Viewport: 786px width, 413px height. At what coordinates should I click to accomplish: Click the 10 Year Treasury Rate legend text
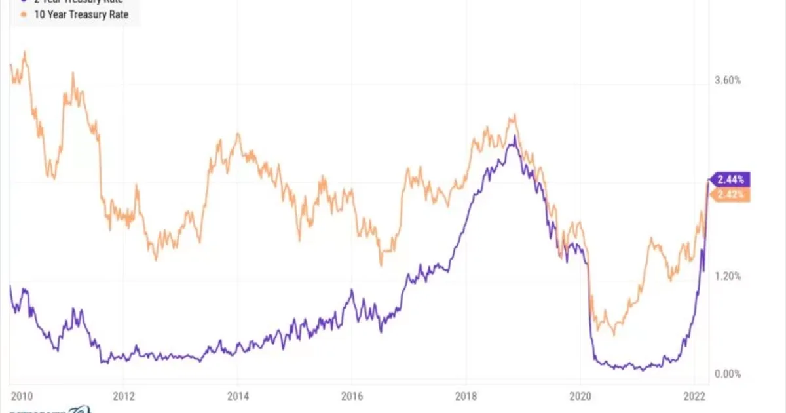72,14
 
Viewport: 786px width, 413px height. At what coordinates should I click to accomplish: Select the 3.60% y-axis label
728,81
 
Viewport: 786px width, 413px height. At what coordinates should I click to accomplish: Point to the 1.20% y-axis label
728,276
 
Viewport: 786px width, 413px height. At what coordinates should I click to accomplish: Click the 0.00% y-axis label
728,374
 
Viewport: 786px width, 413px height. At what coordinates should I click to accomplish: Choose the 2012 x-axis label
124,396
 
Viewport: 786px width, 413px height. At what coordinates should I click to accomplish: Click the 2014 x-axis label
238,396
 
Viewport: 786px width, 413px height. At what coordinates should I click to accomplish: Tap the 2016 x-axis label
352,396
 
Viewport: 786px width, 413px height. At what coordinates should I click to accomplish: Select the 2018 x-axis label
466,396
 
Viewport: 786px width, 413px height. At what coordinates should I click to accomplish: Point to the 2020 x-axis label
580,396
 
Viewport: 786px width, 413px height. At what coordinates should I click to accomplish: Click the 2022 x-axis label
694,396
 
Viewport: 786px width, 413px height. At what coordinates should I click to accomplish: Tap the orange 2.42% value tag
730,194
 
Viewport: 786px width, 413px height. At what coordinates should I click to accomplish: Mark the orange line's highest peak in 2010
25,52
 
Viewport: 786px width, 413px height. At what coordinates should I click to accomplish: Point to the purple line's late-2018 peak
515,136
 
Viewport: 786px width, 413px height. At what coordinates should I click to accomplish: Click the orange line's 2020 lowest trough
614,334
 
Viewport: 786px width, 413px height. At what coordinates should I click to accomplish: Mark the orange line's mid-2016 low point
381,265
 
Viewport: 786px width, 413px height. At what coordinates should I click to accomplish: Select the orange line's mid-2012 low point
156,260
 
